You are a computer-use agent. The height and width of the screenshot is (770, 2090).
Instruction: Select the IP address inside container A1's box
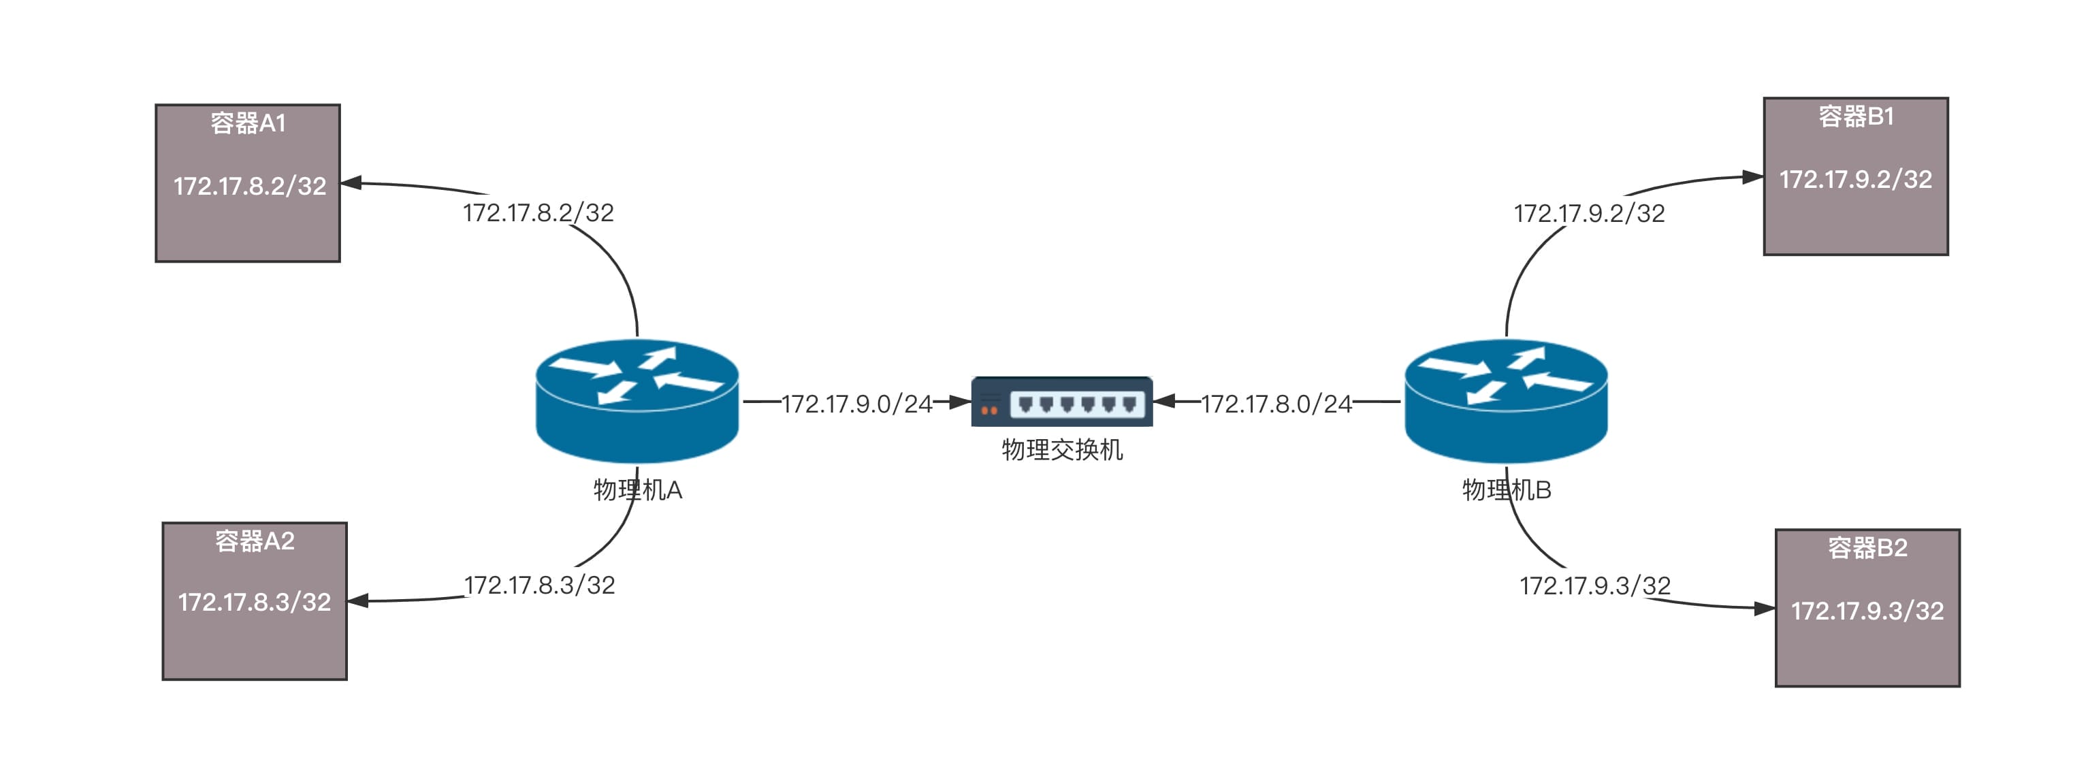click(x=249, y=187)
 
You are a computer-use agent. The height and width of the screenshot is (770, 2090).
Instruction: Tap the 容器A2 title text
click(x=254, y=541)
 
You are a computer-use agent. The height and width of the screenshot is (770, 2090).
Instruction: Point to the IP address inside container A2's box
click(x=254, y=603)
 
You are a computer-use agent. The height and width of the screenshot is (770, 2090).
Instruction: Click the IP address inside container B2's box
click(x=1867, y=611)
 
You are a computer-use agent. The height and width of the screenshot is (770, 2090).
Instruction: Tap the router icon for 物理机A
click(x=637, y=401)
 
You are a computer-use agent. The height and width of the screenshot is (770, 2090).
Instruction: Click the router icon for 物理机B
click(x=1506, y=401)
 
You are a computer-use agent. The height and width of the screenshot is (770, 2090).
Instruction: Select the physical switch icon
click(x=1061, y=401)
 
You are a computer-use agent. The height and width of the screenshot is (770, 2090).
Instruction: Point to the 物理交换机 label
click(x=1062, y=449)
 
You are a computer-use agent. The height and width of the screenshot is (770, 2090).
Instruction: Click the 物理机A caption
click(x=638, y=490)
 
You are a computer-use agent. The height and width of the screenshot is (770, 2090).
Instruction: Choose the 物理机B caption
click(x=1507, y=490)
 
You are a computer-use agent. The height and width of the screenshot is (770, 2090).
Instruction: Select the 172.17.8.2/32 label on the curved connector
click(x=538, y=212)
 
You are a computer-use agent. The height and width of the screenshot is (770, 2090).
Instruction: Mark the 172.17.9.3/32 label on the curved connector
click(x=1594, y=585)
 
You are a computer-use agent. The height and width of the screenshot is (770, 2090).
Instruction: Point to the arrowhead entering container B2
click(x=1764, y=608)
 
